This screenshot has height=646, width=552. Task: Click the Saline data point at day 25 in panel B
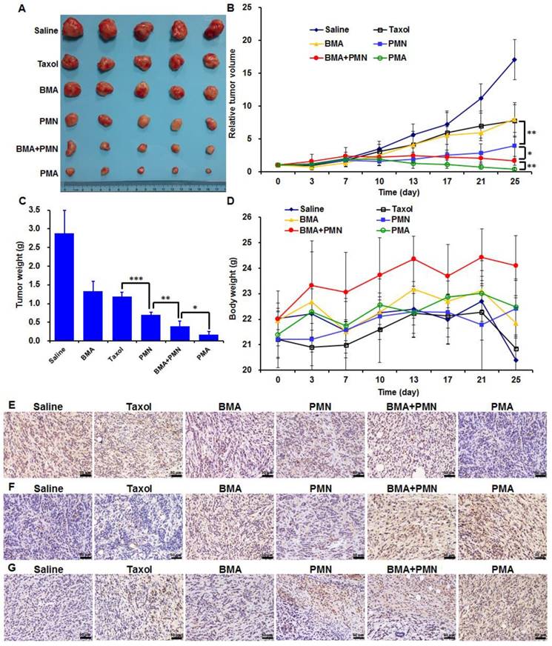click(x=515, y=59)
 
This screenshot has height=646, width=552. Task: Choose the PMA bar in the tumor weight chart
click(x=192, y=338)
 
